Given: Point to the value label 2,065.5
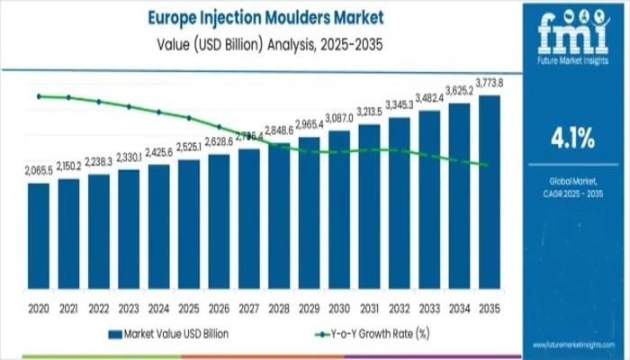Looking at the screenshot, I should [x=39, y=171].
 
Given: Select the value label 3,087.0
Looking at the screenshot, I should [x=339, y=119].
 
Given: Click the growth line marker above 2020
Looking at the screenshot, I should [x=39, y=95].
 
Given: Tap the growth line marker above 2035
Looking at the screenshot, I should [x=487, y=165].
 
